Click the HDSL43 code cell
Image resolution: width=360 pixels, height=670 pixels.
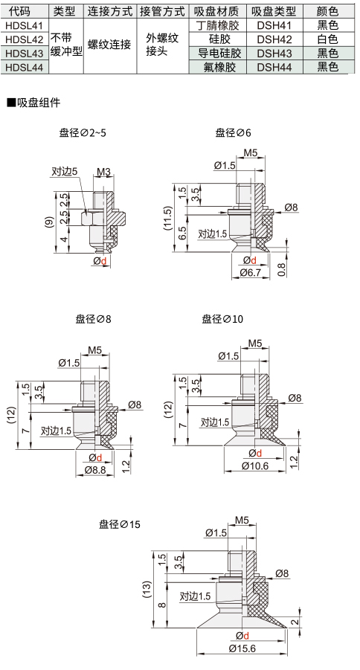pyautogui.click(x=25, y=54)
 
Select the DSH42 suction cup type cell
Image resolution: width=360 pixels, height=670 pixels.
pyautogui.click(x=274, y=39)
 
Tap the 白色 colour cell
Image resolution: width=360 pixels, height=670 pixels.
pyautogui.click(x=328, y=39)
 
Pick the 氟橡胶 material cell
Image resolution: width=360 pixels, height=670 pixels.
pyautogui.click(x=219, y=67)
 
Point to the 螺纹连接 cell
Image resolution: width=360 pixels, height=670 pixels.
pyautogui.click(x=109, y=45)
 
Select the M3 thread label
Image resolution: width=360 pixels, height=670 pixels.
pyautogui.click(x=103, y=172)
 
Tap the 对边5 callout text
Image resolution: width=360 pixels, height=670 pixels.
pyautogui.click(x=65, y=172)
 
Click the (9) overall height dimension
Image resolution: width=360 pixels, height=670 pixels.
pyautogui.click(x=50, y=222)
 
